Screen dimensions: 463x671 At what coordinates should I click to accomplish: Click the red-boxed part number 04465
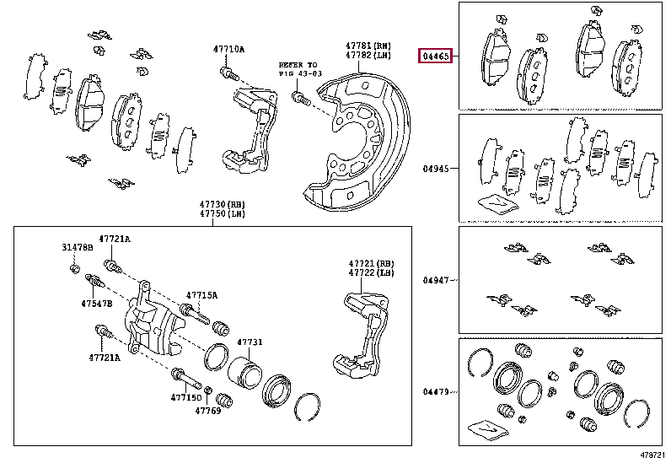(x=437, y=57)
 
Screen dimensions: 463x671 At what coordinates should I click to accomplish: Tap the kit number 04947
(x=437, y=279)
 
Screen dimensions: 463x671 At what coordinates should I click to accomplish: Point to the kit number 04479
(x=437, y=391)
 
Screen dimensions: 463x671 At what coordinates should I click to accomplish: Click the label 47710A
(x=228, y=50)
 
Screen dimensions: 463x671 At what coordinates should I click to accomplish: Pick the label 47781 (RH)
(x=368, y=46)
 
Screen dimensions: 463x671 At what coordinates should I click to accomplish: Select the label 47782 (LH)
(x=368, y=55)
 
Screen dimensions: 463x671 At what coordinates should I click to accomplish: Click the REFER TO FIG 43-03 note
(x=299, y=69)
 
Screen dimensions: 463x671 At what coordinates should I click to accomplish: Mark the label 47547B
(x=97, y=303)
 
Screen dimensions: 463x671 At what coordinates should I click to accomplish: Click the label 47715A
(x=201, y=295)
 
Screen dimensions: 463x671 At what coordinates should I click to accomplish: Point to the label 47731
(x=250, y=342)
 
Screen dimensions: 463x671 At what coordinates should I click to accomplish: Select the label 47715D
(x=186, y=397)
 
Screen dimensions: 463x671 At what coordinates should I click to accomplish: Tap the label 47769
(x=208, y=411)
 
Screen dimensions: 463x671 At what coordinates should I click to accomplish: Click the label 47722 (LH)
(x=372, y=273)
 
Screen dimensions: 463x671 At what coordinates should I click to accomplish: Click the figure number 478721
(x=651, y=454)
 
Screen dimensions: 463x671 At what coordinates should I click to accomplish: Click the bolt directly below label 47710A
(x=226, y=75)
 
